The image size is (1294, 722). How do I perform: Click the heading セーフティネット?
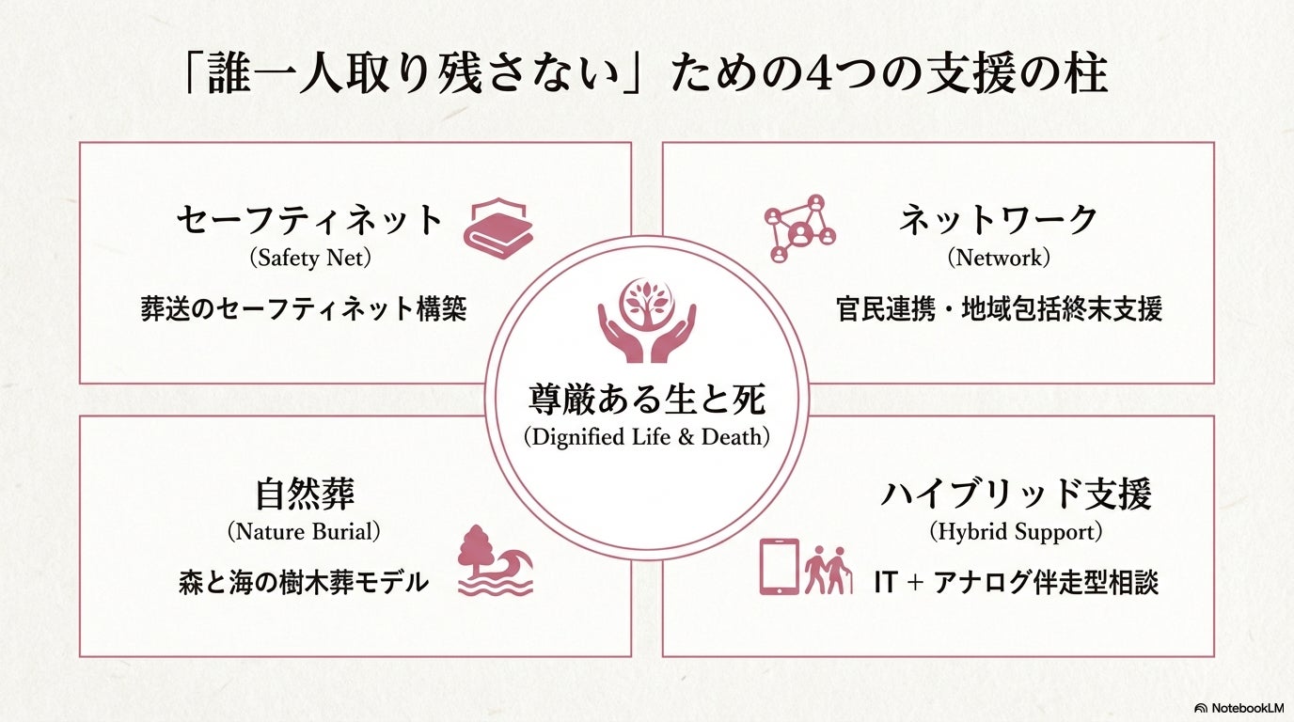tap(309, 221)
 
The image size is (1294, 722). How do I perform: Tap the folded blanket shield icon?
tap(497, 228)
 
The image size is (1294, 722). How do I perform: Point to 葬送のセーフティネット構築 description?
tap(303, 309)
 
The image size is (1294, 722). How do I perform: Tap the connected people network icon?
tap(800, 228)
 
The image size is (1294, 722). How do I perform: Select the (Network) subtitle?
tap(998, 258)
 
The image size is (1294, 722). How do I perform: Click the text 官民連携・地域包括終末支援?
tap(999, 309)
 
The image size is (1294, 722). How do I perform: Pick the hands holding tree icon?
tap(647, 320)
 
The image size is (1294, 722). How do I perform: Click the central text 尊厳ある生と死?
tap(647, 400)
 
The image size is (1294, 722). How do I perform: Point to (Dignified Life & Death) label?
tap(647, 437)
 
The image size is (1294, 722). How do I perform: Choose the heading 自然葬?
tap(304, 494)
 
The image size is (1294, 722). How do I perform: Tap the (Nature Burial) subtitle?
tap(304, 532)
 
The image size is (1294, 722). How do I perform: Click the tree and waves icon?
tap(495, 560)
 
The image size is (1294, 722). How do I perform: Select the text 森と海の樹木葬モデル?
tap(303, 583)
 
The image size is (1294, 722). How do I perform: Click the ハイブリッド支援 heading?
tap(1016, 494)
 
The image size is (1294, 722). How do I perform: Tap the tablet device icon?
tap(779, 566)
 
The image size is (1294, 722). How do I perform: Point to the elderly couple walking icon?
tap(828, 570)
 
